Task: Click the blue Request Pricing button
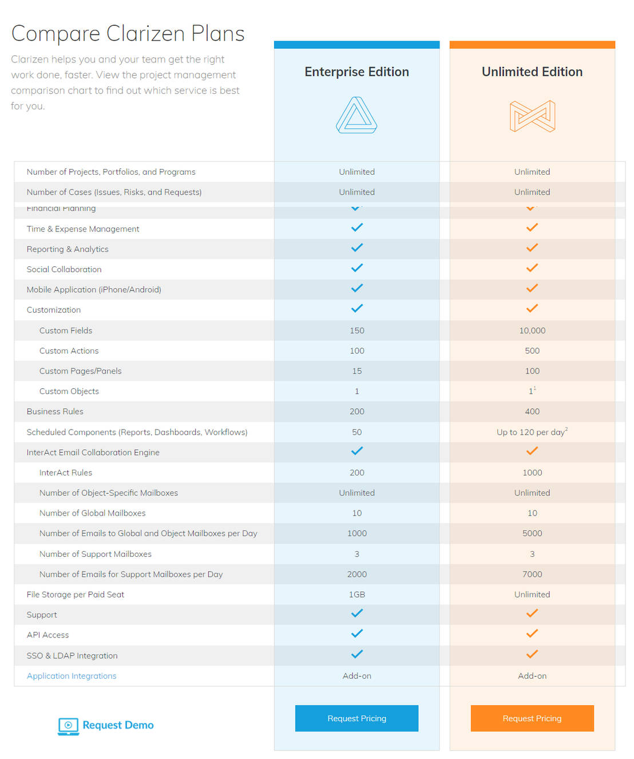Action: point(356,718)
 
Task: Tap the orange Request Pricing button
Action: point(532,718)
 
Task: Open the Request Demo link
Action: point(106,725)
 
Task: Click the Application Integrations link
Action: point(72,676)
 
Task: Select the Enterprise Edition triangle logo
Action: point(356,115)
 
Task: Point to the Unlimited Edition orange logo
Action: point(532,116)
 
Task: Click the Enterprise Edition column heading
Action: point(356,72)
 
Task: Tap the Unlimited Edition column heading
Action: point(532,72)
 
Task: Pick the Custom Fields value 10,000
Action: point(532,331)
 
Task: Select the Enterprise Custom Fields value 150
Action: point(356,331)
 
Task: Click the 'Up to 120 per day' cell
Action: point(532,432)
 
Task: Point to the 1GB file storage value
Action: point(356,595)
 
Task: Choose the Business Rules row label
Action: point(55,411)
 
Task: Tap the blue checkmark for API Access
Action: point(356,634)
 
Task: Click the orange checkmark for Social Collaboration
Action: point(532,268)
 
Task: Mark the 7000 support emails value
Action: point(532,574)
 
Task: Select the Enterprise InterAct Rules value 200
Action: point(356,473)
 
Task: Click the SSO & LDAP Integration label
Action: point(72,655)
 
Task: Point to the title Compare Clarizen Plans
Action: point(128,34)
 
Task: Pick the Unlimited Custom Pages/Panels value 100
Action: point(532,371)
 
